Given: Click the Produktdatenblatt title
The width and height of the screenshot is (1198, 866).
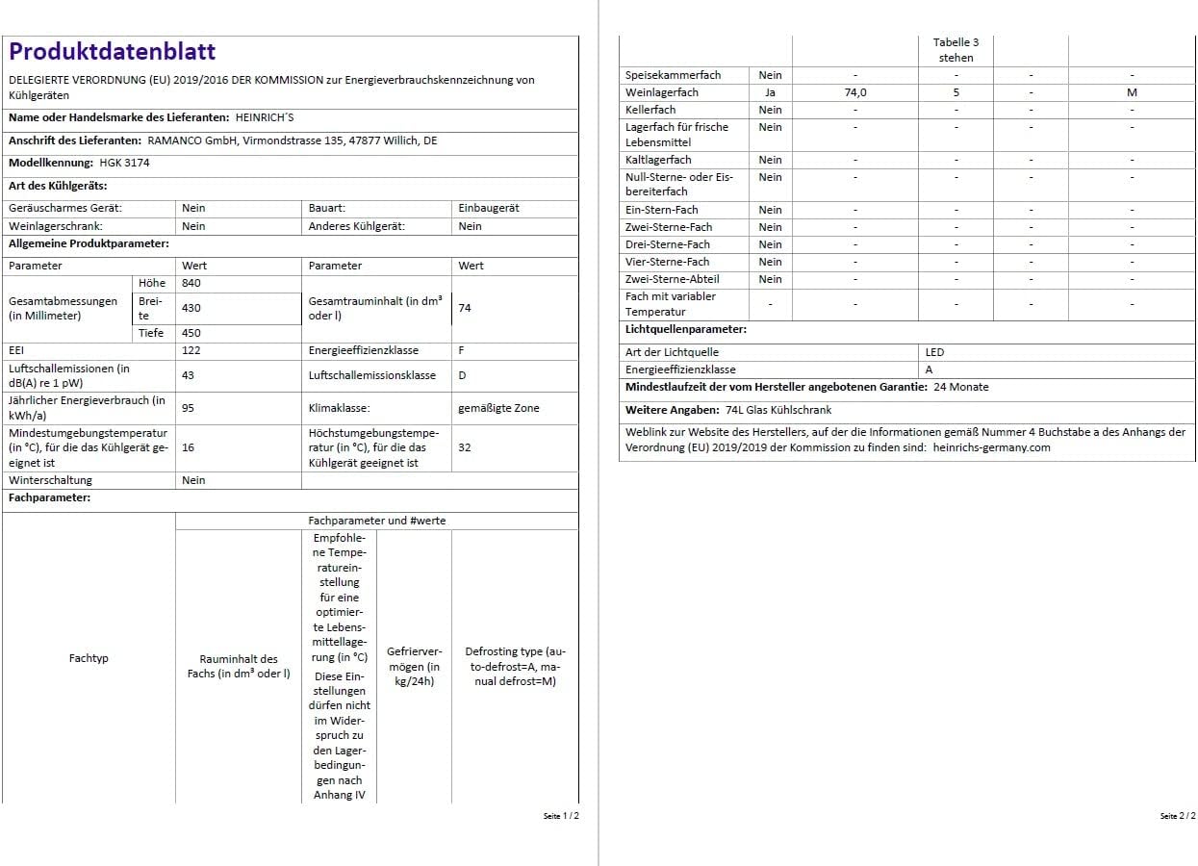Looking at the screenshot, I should click(113, 52).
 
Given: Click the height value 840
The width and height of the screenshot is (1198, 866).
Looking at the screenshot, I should click(191, 283).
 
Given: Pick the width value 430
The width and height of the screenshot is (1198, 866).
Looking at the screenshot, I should click(191, 308).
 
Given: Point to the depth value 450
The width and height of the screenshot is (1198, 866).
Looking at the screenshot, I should click(191, 333).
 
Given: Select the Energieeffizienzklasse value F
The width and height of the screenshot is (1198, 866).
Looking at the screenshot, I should click(462, 350).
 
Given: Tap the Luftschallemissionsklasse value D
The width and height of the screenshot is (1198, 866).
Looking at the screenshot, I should click(462, 375).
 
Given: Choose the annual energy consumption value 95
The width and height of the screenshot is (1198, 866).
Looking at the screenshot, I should click(188, 408).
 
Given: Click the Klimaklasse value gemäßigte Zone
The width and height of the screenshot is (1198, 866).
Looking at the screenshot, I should click(498, 408).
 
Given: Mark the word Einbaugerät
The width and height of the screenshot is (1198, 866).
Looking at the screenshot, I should click(490, 208).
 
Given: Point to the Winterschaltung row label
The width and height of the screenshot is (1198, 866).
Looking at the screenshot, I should click(51, 480).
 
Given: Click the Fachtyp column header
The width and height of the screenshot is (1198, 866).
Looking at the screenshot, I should click(89, 658).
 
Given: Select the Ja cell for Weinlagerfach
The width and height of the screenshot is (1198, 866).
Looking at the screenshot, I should click(770, 92).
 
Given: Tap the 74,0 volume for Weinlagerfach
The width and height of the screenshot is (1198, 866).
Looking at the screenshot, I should click(854, 92).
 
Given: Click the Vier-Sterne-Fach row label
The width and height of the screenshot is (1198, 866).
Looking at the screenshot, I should click(668, 262).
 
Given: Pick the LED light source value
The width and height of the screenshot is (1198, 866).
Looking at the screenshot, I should click(935, 352).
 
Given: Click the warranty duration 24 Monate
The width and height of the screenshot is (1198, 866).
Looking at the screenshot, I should click(960, 387).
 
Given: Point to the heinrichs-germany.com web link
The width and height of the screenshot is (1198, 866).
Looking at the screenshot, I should click(991, 447).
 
